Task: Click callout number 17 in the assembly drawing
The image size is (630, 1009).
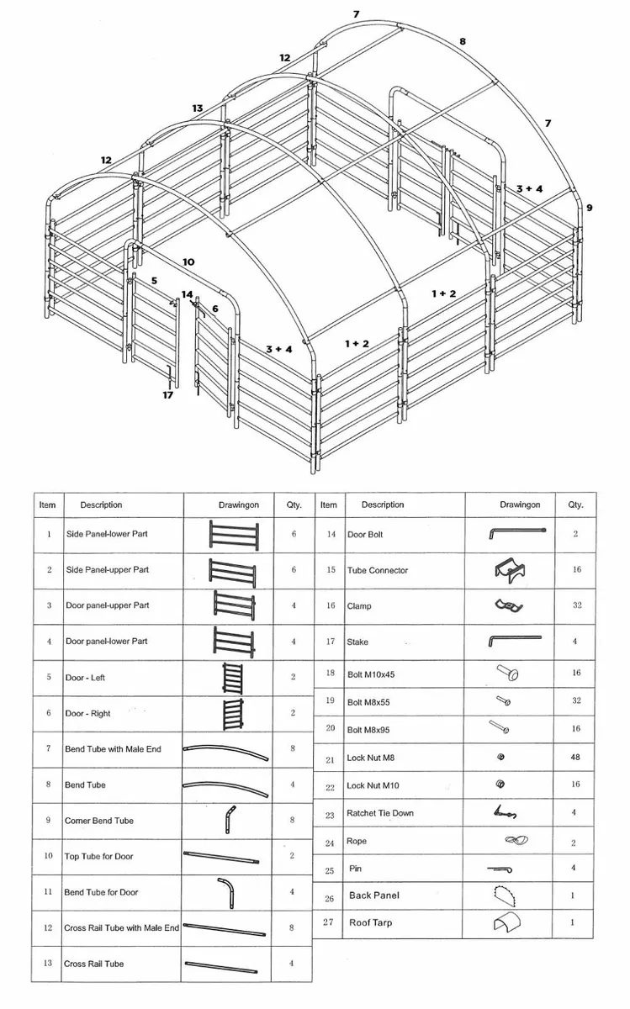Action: coord(168,394)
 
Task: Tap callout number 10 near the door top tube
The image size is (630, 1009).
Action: coord(188,261)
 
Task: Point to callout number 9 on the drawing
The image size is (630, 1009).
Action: coord(589,207)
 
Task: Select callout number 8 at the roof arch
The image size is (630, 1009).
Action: coord(462,40)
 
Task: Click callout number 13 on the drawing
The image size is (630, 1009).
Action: coord(198,108)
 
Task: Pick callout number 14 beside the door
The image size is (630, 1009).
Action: coord(187,294)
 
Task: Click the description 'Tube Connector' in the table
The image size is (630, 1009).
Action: coord(378,570)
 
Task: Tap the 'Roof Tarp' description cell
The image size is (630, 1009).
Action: coord(370,922)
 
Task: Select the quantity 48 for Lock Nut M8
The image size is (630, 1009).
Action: coord(575,758)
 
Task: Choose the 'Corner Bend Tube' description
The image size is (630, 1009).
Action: coord(99,821)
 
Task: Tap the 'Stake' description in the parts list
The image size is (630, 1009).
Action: coord(357,642)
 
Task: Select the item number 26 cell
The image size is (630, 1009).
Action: coord(329,898)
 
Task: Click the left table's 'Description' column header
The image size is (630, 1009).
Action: coord(101,505)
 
